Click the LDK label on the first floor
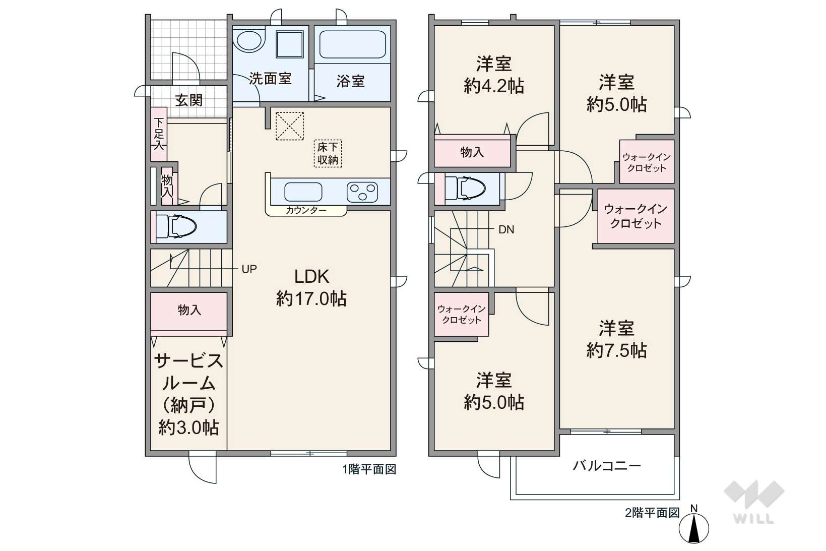[311, 277]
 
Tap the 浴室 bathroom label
[350, 81]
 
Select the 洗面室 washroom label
[270, 78]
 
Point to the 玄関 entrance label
[189, 100]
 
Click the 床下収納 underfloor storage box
[328, 153]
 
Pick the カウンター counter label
[306, 211]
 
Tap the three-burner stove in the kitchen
[362, 192]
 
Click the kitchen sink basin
[303, 192]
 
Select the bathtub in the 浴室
[353, 44]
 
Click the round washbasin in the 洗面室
[249, 40]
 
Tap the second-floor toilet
[465, 189]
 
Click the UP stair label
[249, 269]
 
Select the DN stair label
[506, 230]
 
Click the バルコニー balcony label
[607, 466]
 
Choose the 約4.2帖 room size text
[494, 86]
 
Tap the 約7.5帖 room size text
[616, 350]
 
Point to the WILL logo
[754, 502]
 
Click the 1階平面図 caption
[369, 469]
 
